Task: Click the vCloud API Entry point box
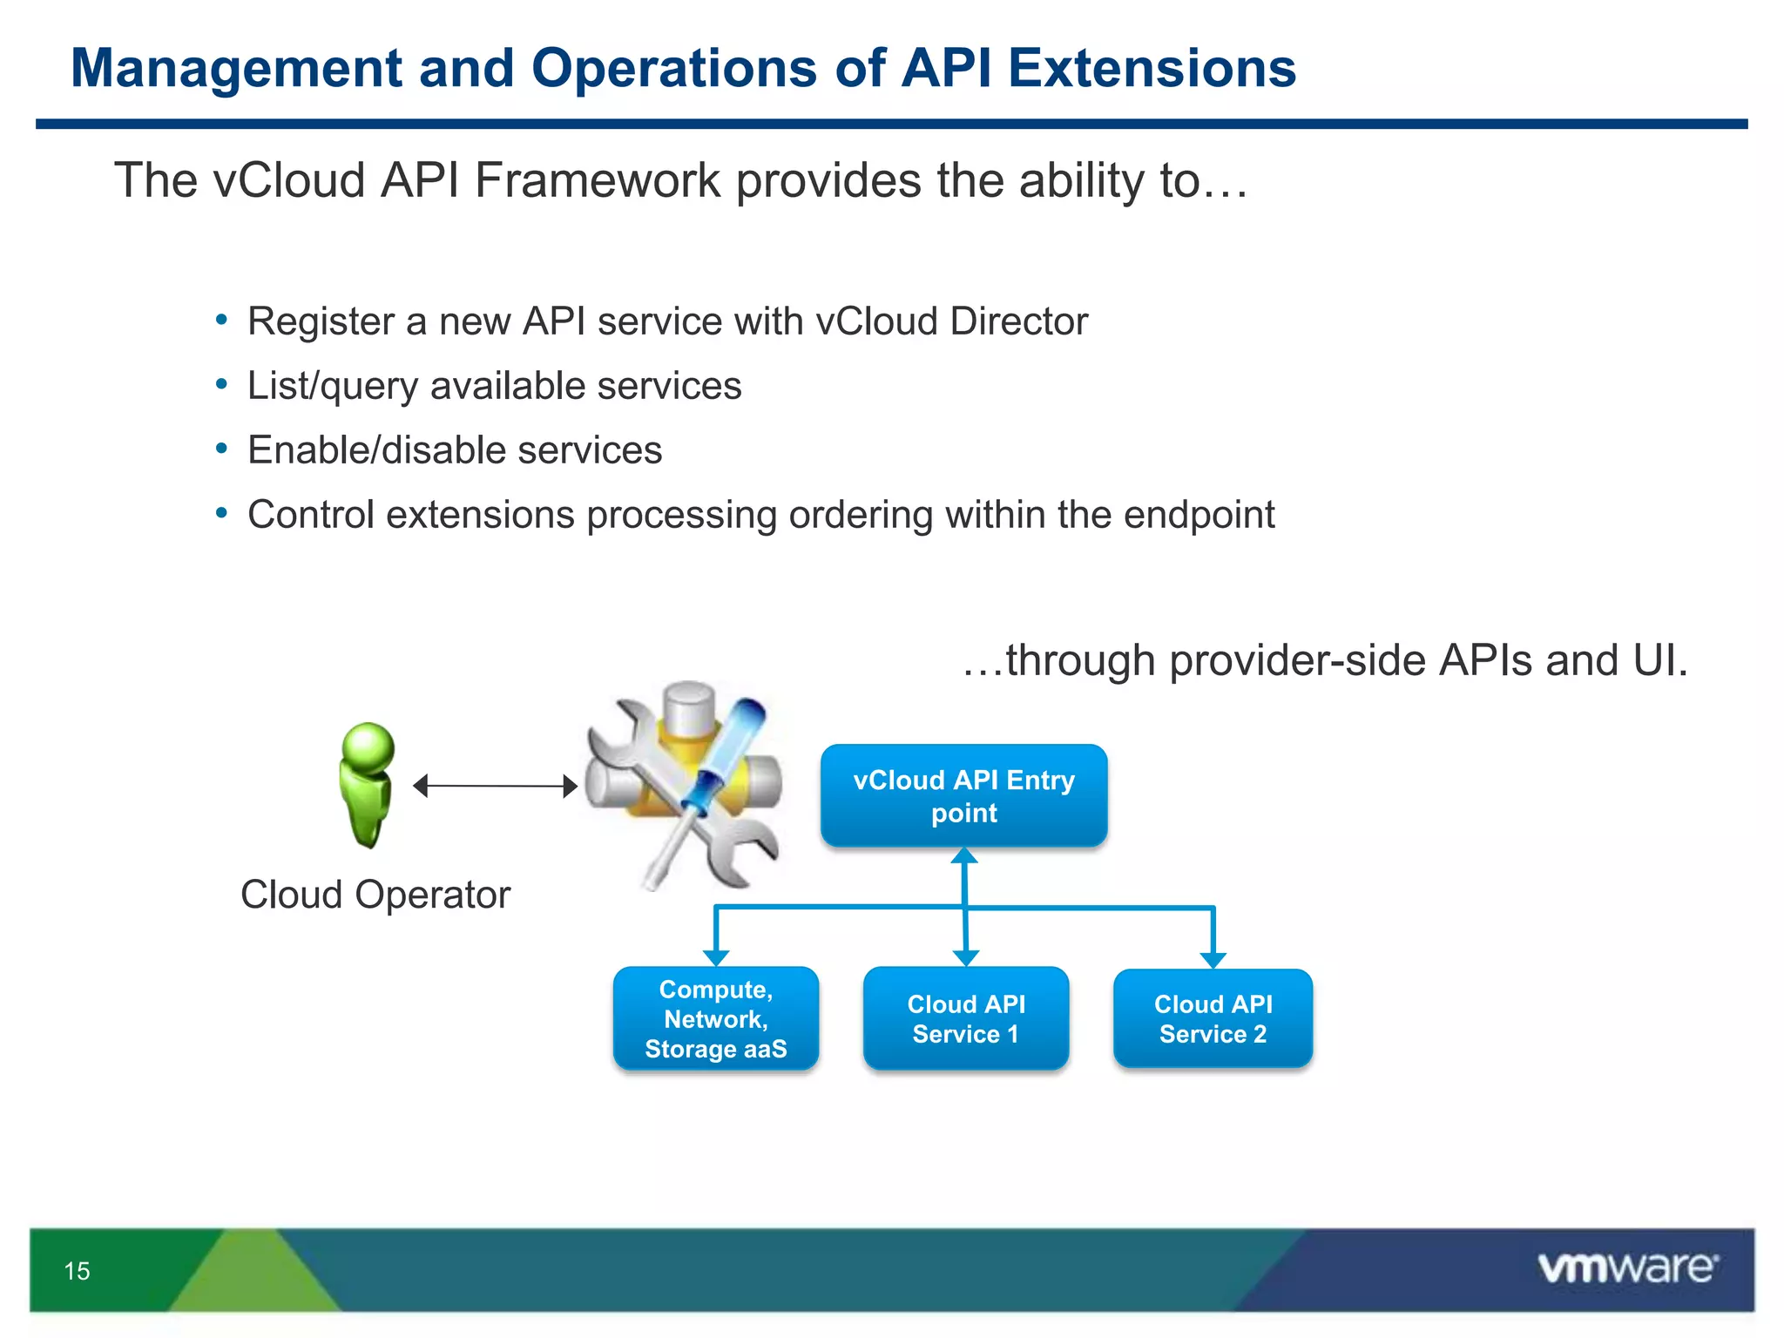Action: click(963, 795)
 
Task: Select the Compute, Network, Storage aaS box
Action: click(715, 1018)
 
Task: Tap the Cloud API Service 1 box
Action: click(965, 1018)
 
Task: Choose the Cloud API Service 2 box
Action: click(1213, 1018)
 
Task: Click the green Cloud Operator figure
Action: click(367, 784)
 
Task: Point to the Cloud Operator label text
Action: click(375, 895)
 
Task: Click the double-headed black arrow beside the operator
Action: click(495, 786)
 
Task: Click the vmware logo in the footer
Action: click(1627, 1267)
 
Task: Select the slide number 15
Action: click(77, 1271)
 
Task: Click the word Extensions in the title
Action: click(1152, 68)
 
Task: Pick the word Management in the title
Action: click(236, 68)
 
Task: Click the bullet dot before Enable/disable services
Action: click(221, 449)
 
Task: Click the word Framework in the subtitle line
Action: click(597, 180)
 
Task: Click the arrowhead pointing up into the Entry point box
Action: click(963, 856)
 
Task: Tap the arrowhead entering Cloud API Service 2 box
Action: click(1213, 960)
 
